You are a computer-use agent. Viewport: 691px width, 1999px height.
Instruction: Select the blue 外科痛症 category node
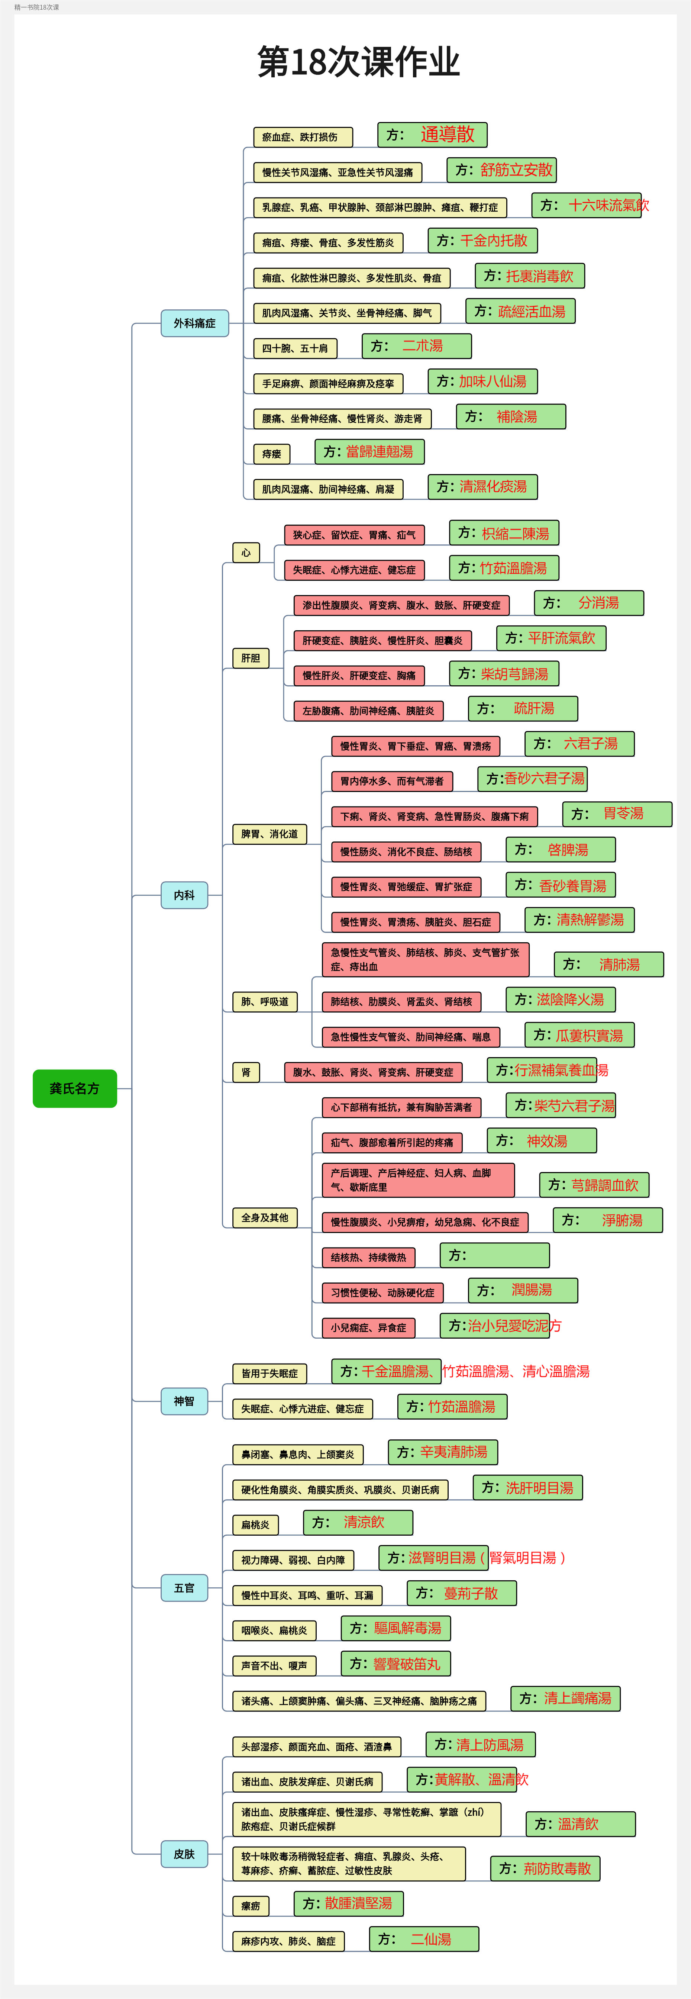pos(195,323)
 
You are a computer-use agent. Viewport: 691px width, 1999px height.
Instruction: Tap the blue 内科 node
pos(185,895)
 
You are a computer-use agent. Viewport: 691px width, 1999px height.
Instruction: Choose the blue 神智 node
pos(185,1401)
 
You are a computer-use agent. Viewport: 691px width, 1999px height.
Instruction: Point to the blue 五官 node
pos(185,1588)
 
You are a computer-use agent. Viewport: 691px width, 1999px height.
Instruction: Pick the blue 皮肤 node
pos(185,1854)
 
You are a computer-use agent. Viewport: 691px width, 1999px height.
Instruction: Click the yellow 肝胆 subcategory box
pos(251,658)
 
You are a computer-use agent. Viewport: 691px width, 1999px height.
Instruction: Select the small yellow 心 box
pos(246,553)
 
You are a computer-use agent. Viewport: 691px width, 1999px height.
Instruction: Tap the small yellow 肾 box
pos(246,1072)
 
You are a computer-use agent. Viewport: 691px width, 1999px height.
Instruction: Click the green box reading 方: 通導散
pos(432,134)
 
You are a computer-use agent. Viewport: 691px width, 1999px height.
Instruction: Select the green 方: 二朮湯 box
pos(416,346)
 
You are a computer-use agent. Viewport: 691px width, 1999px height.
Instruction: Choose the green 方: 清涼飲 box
pos(358,1523)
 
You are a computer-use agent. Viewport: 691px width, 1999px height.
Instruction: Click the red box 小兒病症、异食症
pos(368,1328)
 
